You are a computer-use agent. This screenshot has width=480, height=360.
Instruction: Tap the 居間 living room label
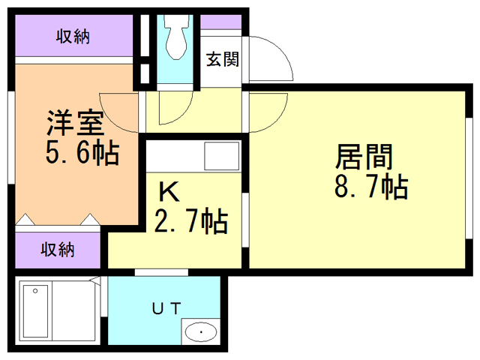pyautogui.click(x=364, y=157)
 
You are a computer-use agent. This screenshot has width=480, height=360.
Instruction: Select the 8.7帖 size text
pyautogui.click(x=370, y=186)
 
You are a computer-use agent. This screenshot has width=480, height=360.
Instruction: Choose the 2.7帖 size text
pyautogui.click(x=190, y=222)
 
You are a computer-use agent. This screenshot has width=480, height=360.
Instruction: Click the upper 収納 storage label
pyautogui.click(x=73, y=37)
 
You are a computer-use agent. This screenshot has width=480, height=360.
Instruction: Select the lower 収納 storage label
pyautogui.click(x=57, y=249)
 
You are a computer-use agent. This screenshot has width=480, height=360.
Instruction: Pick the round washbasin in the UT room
pyautogui.click(x=200, y=331)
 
